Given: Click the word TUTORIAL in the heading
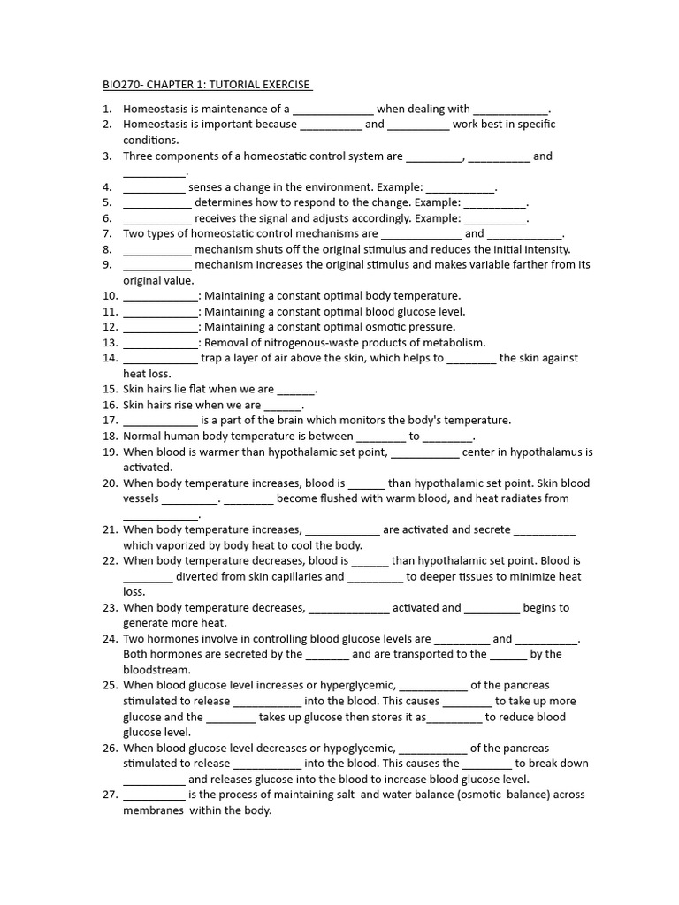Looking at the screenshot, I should [x=234, y=85].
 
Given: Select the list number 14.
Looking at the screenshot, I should [x=110, y=358].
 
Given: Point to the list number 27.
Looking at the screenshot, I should [x=110, y=795].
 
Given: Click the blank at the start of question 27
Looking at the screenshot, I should [x=154, y=795].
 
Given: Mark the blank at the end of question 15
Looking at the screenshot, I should [x=296, y=390].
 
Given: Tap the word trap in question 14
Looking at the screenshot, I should [x=212, y=358].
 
